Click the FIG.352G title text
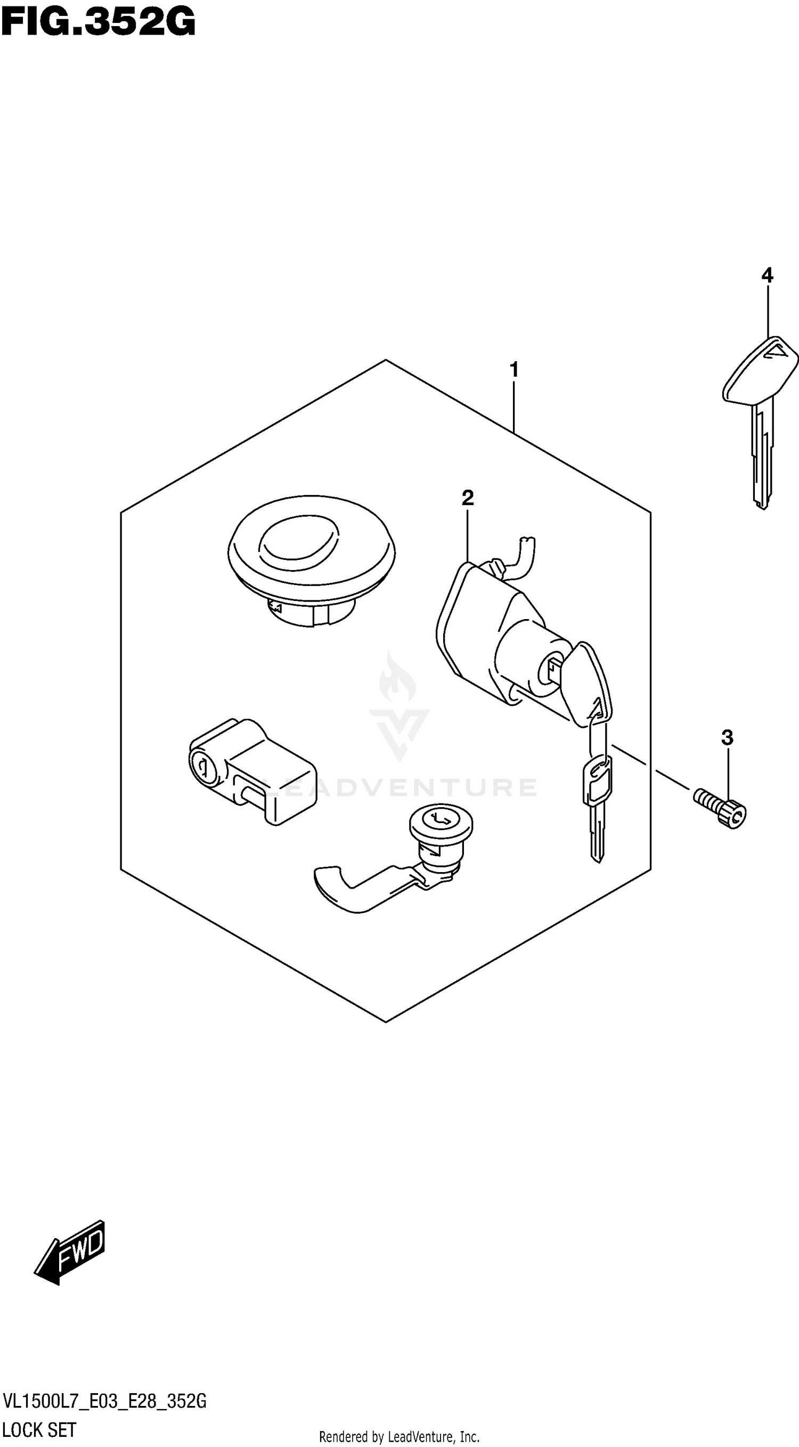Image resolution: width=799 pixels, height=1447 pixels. click(98, 22)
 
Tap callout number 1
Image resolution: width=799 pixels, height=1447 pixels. click(513, 370)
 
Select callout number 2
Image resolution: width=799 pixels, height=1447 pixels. click(467, 498)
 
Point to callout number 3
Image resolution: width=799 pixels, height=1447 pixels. click(727, 737)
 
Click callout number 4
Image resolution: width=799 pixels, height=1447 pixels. click(767, 275)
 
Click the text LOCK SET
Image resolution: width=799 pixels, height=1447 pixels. click(39, 1429)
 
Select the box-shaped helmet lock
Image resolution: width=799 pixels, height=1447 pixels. click(252, 769)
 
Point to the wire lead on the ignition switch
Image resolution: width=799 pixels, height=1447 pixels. click(525, 556)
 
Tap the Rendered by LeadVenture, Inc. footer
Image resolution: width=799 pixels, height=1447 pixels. click(399, 1437)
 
